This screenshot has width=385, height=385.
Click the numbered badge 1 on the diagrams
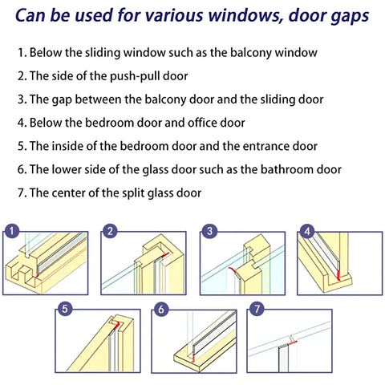click(11, 232)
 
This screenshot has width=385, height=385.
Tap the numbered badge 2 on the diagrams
click(109, 232)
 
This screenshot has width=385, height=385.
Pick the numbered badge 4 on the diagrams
click(306, 232)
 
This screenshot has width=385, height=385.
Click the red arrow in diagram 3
click(233, 272)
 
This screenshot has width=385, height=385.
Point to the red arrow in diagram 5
click(117, 325)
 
